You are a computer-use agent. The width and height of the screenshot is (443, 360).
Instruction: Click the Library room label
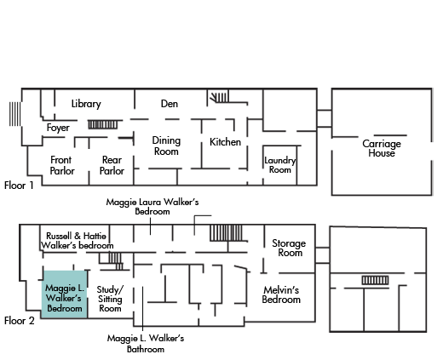point(86,104)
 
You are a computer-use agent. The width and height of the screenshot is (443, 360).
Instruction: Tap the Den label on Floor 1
point(170,104)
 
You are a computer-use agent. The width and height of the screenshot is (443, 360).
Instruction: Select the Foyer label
point(58,128)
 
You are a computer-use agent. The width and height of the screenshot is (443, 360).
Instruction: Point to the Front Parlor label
point(62,165)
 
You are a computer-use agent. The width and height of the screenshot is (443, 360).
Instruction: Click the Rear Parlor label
point(112,165)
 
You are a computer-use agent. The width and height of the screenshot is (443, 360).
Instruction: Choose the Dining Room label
point(166,146)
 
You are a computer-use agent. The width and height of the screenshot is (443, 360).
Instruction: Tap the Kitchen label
point(225,142)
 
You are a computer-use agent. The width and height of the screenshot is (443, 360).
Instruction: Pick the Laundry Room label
point(280,165)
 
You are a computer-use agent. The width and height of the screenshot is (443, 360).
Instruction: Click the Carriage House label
point(382,148)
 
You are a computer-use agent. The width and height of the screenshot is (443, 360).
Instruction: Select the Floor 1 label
point(19,186)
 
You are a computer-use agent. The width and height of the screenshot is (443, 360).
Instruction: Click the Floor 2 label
point(20,321)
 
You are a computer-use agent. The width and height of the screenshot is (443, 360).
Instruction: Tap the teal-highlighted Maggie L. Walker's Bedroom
point(65,294)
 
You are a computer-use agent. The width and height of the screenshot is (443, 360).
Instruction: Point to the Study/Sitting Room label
point(110,299)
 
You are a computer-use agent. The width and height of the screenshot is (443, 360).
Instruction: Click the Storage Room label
point(289,248)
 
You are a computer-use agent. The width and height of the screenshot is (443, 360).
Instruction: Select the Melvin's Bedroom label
point(281,294)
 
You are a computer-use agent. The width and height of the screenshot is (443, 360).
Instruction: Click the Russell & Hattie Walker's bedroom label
point(77,241)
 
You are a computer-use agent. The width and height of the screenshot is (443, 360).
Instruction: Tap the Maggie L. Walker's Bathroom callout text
point(146,343)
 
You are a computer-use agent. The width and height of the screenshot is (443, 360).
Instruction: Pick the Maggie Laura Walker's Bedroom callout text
point(152,207)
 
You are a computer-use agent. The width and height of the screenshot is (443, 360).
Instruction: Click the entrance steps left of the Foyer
point(14,114)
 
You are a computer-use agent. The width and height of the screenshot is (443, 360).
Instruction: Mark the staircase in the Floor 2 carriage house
point(375,280)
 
